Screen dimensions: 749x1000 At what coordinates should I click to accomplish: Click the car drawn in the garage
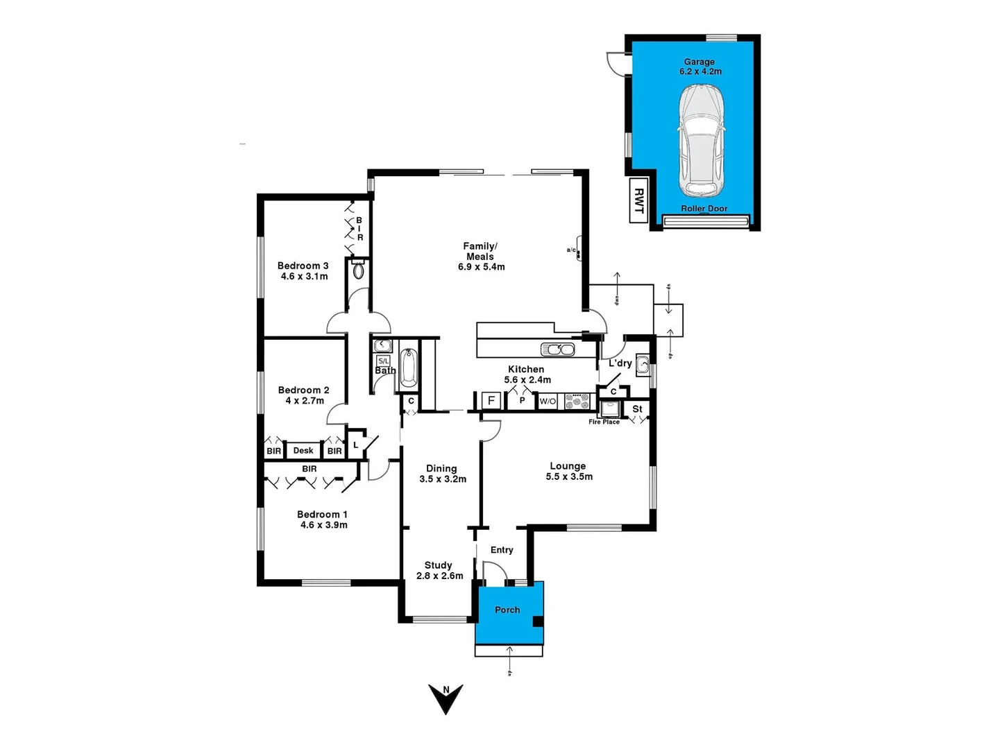point(700,141)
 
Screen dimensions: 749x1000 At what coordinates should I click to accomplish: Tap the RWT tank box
point(638,201)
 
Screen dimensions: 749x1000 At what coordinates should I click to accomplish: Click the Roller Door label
point(704,209)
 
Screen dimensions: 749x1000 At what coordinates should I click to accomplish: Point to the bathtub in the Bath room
point(409,368)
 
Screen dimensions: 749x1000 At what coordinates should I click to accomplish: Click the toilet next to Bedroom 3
point(358,270)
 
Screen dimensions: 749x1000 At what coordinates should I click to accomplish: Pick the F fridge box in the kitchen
point(491,400)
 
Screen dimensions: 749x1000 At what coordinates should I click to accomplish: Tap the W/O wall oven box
point(548,401)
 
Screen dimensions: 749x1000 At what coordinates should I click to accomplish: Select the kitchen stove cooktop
point(577,401)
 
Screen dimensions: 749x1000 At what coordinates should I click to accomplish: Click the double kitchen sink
point(557,349)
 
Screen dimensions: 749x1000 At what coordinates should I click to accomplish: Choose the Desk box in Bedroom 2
point(303,451)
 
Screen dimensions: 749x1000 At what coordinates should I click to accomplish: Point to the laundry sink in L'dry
point(643,363)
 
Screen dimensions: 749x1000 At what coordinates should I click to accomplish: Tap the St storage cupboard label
point(637,409)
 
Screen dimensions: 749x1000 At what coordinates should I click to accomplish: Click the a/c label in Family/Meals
point(571,250)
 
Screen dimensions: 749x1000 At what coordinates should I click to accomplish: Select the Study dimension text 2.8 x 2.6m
point(439,576)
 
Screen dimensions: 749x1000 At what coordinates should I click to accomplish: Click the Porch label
point(507,610)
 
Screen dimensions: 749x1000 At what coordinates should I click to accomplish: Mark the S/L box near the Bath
point(383,361)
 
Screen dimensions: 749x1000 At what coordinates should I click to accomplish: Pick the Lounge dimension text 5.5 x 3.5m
point(569,476)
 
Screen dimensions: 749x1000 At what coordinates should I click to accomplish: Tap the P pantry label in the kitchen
point(522,400)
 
